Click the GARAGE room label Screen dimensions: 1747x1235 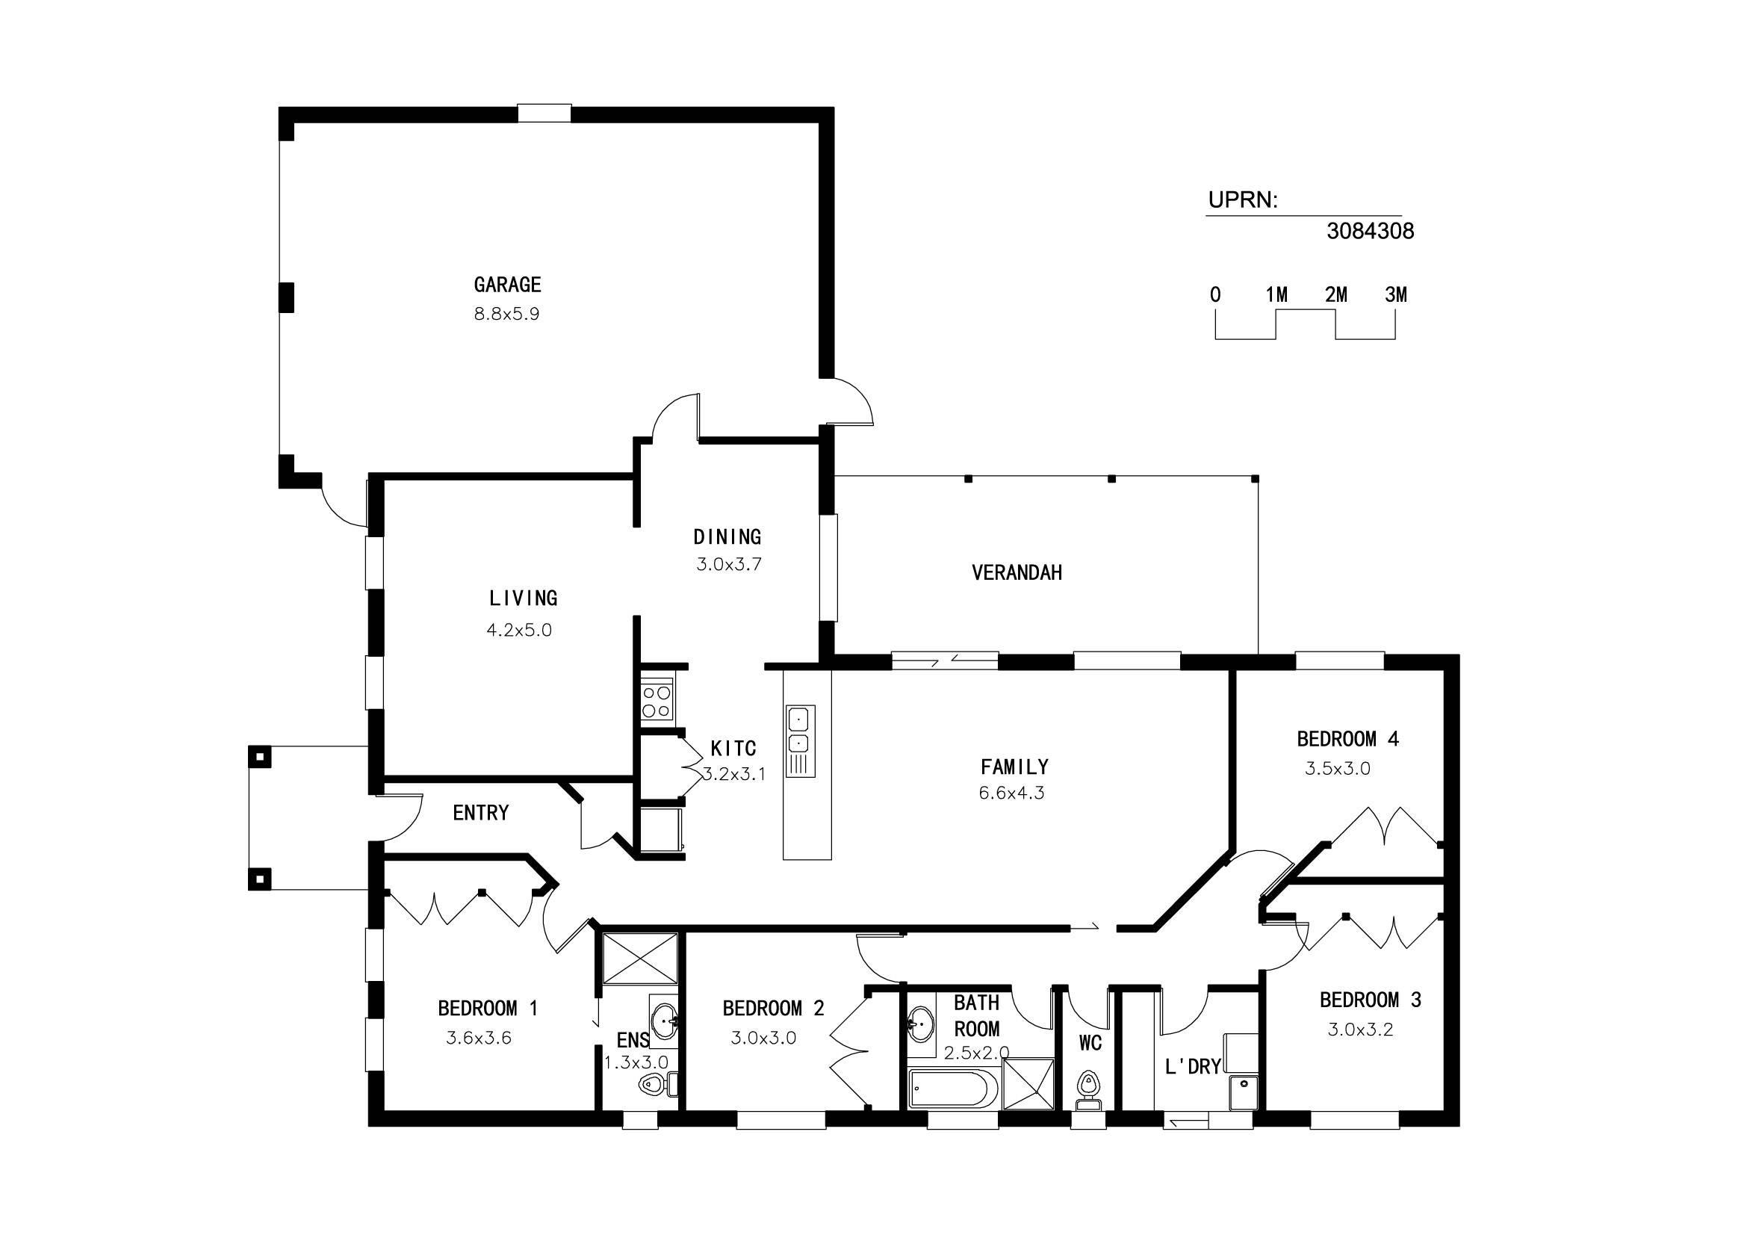507,285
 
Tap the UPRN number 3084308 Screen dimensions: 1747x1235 1370,232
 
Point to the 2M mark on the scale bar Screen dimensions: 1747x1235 1336,294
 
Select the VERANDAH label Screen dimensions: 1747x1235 1017,573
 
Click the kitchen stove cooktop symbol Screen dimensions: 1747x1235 656,700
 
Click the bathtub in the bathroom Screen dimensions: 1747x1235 952,1089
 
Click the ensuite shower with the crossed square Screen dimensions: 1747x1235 639,958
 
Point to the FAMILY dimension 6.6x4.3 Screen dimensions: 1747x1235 1011,793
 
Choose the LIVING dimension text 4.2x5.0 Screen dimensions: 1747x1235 519,630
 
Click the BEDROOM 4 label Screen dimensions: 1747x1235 1347,739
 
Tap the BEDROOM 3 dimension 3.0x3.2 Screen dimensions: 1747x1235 1360,1030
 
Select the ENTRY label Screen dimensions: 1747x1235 481,814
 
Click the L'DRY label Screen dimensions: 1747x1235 1193,1067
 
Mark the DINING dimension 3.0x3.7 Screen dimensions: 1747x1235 729,565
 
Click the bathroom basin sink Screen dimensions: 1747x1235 922,1024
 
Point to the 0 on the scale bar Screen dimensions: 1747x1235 1215,294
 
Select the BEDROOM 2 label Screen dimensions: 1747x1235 773,1009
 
